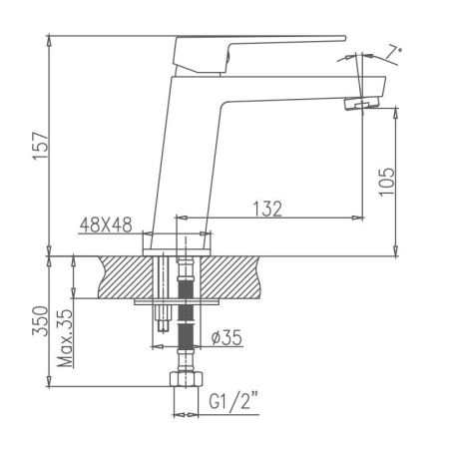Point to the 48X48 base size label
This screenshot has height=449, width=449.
pyautogui.click(x=105, y=226)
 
